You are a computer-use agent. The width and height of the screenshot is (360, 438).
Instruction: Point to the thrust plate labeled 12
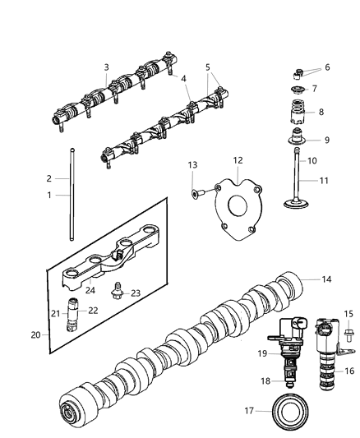coord(235,215)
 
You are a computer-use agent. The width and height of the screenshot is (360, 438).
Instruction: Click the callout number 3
coord(106,67)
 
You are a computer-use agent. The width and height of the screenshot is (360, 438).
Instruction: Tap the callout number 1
coord(48,195)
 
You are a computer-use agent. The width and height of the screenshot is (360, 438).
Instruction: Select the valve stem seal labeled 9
coord(295,139)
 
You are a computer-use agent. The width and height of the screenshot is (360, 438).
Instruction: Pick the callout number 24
coord(90,289)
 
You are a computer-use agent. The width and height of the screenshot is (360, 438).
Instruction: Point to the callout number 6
coord(327,67)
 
